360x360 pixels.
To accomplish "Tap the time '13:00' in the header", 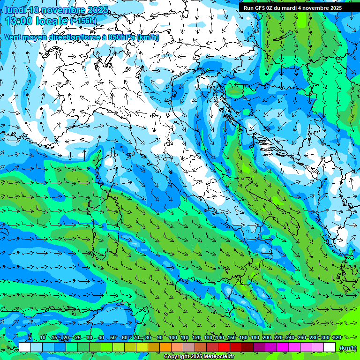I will (20, 21).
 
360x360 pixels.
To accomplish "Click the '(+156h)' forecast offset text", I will (83, 21).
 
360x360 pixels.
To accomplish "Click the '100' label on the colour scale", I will (173, 337).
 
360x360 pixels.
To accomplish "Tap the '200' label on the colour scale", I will (267, 337).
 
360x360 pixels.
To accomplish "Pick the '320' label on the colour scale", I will (337, 337).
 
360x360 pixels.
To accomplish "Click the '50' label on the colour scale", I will (112, 337).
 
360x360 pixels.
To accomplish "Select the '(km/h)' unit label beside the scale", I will (348, 347).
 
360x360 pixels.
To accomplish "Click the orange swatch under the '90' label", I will (165, 347).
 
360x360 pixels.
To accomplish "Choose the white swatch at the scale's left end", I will (25, 347).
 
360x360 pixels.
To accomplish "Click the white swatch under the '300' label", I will (330, 347).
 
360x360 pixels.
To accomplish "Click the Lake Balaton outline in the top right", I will (281, 36).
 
